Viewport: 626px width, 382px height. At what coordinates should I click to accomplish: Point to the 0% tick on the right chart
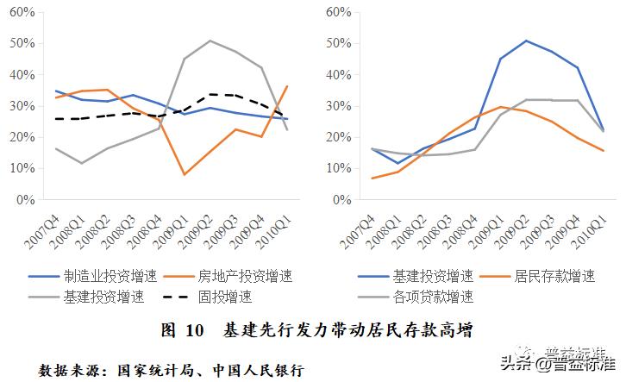(x=341, y=200)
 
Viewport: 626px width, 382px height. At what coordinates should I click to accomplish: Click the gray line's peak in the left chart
(x=210, y=41)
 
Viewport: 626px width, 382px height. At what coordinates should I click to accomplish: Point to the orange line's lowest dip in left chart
(x=185, y=174)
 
